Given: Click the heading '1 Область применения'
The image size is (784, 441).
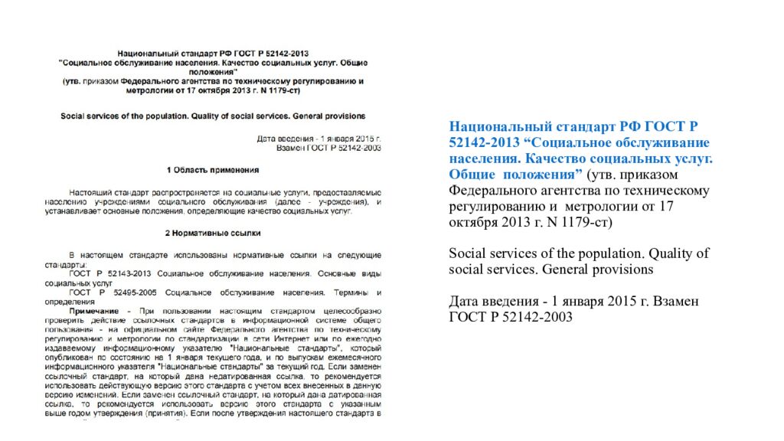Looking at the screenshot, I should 212,169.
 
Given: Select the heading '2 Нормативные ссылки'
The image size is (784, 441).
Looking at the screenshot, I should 212,231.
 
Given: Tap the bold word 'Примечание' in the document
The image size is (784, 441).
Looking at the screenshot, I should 93,311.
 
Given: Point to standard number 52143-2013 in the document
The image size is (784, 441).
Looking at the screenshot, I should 124,273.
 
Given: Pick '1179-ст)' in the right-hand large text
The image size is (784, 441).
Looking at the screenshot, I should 590,223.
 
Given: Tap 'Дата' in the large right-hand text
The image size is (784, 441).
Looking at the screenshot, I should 464,302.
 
